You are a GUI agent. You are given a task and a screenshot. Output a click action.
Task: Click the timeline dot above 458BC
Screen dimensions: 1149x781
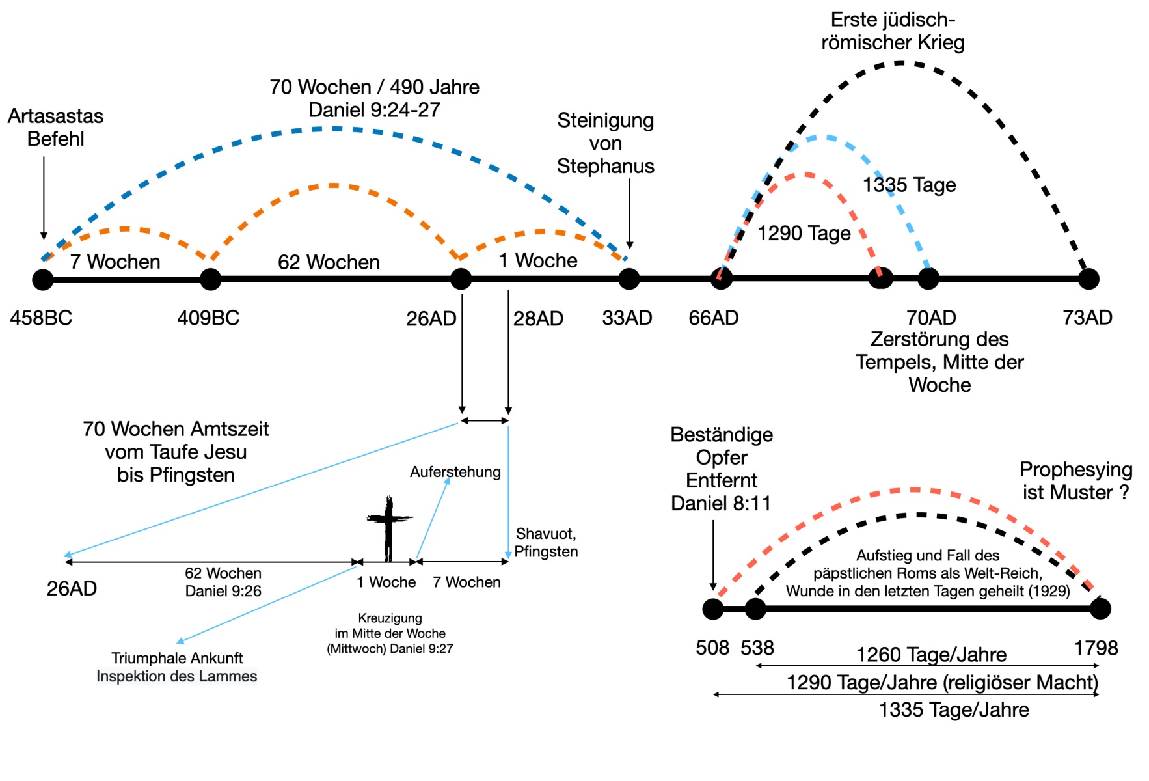click(x=43, y=279)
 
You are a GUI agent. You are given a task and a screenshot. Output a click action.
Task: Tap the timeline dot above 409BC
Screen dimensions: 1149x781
click(x=210, y=279)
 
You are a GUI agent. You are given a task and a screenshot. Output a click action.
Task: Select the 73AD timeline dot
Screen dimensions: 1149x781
click(x=1088, y=279)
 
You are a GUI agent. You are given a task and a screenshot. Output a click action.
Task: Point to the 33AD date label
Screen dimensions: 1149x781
click(x=627, y=318)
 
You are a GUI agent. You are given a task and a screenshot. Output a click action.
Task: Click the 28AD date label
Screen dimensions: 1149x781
click(x=538, y=318)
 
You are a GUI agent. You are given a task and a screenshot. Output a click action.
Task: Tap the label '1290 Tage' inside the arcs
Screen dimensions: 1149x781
click(x=804, y=233)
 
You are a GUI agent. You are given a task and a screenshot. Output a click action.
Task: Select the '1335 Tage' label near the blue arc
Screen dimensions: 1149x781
click(x=909, y=185)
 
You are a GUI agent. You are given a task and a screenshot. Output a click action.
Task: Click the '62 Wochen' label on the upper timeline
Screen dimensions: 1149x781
click(x=329, y=262)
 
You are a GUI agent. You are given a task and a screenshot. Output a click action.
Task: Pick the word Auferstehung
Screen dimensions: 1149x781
click(x=455, y=472)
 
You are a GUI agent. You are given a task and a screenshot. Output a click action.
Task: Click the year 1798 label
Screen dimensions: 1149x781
click(x=1096, y=648)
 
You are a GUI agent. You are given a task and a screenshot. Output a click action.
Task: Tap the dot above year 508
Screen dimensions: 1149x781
click(x=713, y=609)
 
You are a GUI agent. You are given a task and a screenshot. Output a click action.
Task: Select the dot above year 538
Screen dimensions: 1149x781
click(x=755, y=609)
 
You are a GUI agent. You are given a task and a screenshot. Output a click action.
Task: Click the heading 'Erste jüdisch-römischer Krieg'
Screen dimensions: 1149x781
click(x=893, y=31)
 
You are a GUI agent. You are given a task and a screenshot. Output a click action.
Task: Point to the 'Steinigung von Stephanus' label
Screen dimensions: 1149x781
click(x=606, y=143)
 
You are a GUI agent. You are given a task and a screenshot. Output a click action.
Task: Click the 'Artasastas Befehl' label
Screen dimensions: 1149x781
click(x=56, y=127)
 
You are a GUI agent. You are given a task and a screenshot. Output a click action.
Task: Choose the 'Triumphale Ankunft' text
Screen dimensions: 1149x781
click(x=177, y=658)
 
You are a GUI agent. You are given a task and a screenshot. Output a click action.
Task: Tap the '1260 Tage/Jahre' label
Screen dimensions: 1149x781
click(x=931, y=654)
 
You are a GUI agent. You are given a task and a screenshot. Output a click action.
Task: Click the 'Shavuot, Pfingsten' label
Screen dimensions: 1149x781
click(x=546, y=542)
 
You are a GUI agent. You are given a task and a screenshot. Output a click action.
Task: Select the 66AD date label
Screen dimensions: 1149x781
click(x=714, y=318)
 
